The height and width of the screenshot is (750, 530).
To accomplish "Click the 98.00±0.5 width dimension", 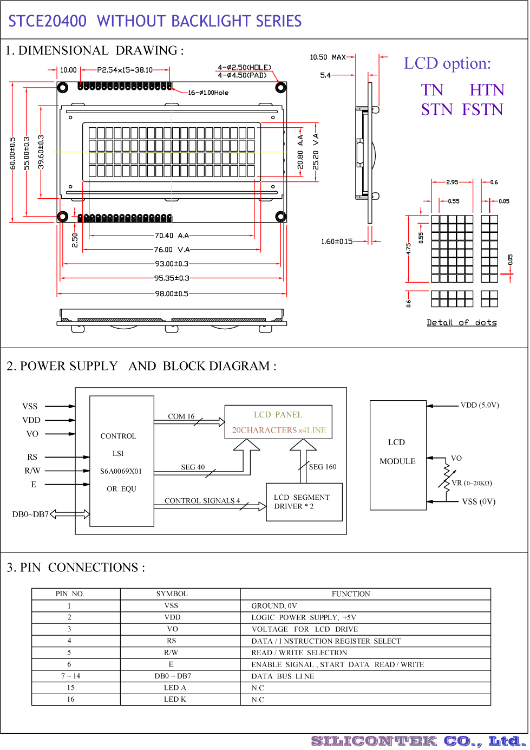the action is tap(172, 294).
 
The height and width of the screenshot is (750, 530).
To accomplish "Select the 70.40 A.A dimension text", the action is tap(172, 236).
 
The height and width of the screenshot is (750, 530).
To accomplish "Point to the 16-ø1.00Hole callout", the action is tap(208, 93).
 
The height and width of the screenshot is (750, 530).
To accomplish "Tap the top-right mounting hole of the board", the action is tap(280, 88).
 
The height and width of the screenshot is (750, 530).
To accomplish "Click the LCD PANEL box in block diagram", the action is tap(278, 422).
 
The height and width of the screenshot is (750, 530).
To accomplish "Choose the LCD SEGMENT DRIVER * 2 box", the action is tap(304, 502).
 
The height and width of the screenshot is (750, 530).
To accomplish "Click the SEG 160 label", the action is tap(323, 467).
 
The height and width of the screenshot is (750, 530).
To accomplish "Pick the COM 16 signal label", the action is tap(181, 416).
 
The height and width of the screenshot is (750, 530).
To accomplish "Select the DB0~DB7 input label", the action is tap(30, 514).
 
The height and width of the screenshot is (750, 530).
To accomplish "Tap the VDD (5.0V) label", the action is tap(480, 405).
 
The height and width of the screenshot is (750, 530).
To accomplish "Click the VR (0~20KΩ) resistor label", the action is tap(472, 483).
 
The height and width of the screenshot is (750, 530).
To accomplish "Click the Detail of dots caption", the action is tap(461, 322).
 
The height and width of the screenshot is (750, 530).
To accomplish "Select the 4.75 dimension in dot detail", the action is tap(408, 249).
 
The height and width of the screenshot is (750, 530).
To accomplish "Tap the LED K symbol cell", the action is tap(175, 699).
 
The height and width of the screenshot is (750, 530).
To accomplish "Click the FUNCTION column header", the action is tap(351, 594).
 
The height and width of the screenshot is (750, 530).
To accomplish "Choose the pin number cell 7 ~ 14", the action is tap(70, 676).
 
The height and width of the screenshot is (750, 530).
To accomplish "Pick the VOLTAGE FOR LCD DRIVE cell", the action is tap(305, 629).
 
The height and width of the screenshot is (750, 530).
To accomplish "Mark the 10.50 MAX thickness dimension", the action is tap(328, 57).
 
